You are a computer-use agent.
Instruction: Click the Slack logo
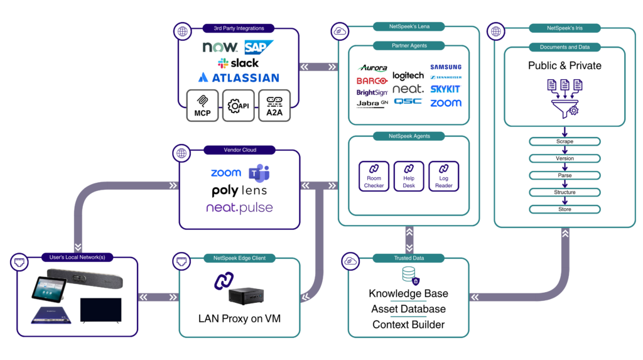click(x=238, y=63)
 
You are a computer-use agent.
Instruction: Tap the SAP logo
click(x=259, y=47)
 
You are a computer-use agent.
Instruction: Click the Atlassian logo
click(x=238, y=78)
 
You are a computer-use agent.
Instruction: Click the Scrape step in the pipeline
click(x=565, y=141)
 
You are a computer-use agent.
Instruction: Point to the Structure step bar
click(x=565, y=192)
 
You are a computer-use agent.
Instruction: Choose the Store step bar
click(x=565, y=209)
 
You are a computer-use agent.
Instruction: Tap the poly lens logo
click(x=239, y=190)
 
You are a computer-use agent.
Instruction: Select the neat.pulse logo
click(x=239, y=207)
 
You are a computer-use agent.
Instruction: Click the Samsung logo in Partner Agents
click(x=446, y=67)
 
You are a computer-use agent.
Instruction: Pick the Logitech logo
click(x=408, y=76)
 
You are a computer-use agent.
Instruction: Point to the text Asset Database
click(x=408, y=309)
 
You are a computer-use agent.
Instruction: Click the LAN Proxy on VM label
click(x=239, y=319)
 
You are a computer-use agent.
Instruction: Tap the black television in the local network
click(x=100, y=311)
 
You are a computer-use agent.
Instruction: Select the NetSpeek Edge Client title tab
click(x=239, y=258)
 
